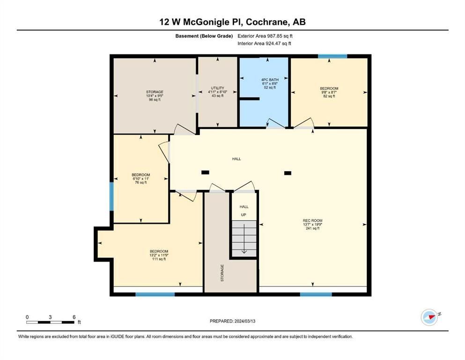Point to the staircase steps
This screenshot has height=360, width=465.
[x=244, y=239]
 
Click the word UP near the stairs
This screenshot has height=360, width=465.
[x=244, y=215]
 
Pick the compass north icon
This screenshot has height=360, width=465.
[x=429, y=317]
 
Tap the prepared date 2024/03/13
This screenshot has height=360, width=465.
[x=245, y=321]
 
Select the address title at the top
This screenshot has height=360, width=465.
[x=232, y=22]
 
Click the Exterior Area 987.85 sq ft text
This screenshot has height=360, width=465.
[x=265, y=36]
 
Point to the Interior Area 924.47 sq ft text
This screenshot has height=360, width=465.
[x=264, y=43]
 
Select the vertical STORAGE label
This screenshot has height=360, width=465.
[x=222, y=273]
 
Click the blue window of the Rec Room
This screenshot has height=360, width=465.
[x=316, y=294]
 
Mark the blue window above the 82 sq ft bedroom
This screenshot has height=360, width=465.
[x=332, y=56]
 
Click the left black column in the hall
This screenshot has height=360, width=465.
[x=205, y=172]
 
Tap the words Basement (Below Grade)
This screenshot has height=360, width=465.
[x=204, y=36]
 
